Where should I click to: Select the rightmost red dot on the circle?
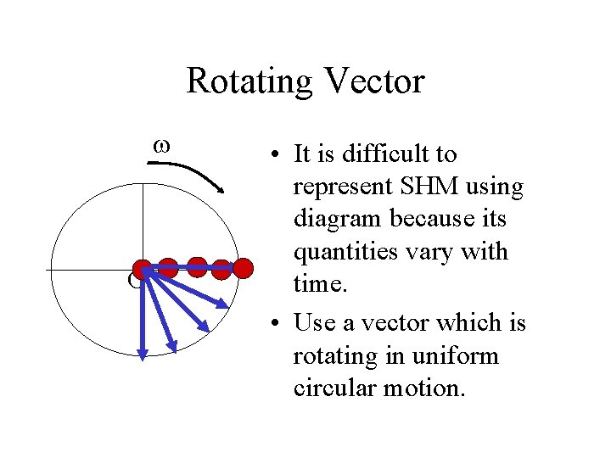pyautogui.click(x=243, y=269)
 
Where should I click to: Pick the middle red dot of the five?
pyautogui.click(x=197, y=266)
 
